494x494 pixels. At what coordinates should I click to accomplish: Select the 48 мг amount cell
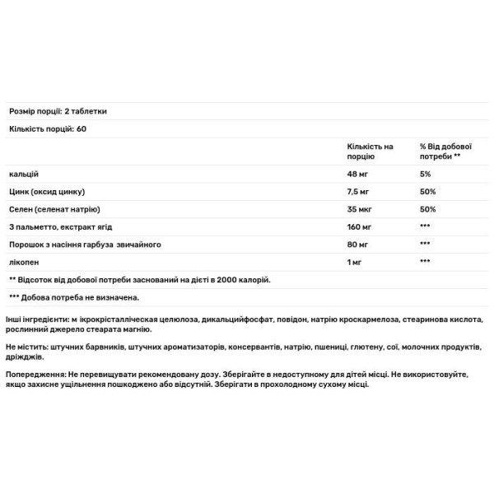(x=360, y=175)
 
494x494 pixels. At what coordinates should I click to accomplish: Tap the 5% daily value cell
(x=425, y=175)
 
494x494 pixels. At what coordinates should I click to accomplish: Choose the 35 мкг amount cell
(x=361, y=209)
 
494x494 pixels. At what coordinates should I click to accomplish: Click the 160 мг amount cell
(x=361, y=226)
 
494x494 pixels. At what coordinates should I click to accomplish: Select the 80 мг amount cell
(x=360, y=244)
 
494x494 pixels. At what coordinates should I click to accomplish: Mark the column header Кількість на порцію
(x=370, y=151)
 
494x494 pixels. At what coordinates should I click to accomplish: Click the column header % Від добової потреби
(x=440, y=151)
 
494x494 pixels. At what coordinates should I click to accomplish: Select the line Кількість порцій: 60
(x=49, y=129)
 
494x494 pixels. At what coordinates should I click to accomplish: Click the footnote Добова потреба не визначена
(x=79, y=297)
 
